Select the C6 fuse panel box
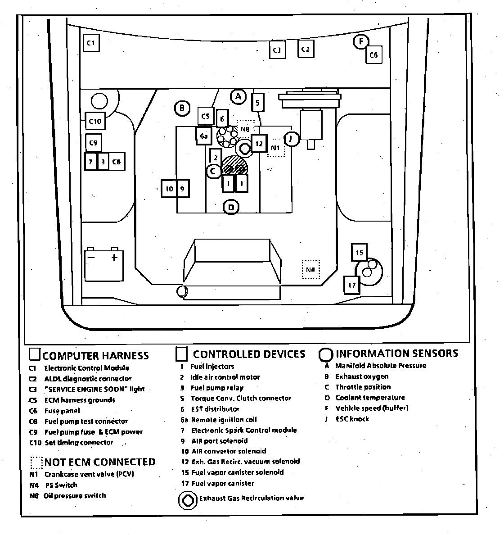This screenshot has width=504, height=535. coord(373,55)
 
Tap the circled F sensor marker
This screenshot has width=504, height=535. coord(360,42)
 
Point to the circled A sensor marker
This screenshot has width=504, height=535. coord(238,96)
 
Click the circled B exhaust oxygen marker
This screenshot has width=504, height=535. coord(182,108)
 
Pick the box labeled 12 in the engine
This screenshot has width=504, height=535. coord(259,144)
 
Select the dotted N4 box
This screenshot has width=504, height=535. coord(310,269)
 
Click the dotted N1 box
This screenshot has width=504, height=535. coord(276,147)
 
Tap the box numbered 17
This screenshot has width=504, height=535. coord(352,285)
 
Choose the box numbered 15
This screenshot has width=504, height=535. coord(359,253)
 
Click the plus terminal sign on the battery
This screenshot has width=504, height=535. coord(114,258)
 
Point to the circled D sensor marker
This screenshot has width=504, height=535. coord(231,207)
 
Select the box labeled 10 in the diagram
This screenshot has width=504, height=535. coord(169,189)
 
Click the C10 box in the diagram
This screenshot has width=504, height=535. coord(95,121)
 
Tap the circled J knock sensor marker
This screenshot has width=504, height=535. coord(292,139)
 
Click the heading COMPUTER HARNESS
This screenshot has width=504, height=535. coord(95,356)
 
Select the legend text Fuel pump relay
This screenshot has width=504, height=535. coord(216,388)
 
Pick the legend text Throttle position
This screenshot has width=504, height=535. coord(363,387)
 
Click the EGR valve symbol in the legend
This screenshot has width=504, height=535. coord(187,500)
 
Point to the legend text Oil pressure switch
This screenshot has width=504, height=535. coord(75,495)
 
